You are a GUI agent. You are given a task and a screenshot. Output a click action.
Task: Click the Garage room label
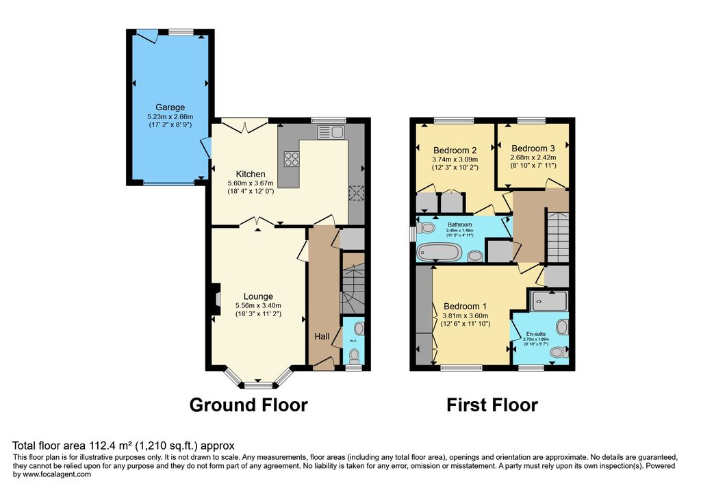pos(170,107)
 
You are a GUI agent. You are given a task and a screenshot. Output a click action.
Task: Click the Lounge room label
pos(258,296)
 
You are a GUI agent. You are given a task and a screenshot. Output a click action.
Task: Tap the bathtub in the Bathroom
pos(439,253)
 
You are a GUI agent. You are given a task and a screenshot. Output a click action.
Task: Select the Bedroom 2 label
pos(455,151)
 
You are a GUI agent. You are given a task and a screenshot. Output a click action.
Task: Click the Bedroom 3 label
pos(533,149)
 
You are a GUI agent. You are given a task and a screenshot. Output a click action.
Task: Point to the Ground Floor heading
pos(248,405)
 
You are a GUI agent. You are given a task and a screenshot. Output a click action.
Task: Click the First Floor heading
pos(492,405)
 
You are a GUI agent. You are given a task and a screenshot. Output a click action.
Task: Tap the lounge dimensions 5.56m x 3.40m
pos(258,306)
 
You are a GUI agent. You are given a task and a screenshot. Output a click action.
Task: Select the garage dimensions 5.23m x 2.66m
pos(170,116)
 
